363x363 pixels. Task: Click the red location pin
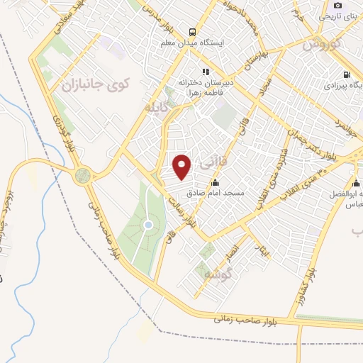183,167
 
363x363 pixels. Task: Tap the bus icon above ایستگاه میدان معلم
191,31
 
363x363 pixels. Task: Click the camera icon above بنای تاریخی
337,5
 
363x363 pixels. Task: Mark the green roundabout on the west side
83,174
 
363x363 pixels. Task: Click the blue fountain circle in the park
148,225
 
